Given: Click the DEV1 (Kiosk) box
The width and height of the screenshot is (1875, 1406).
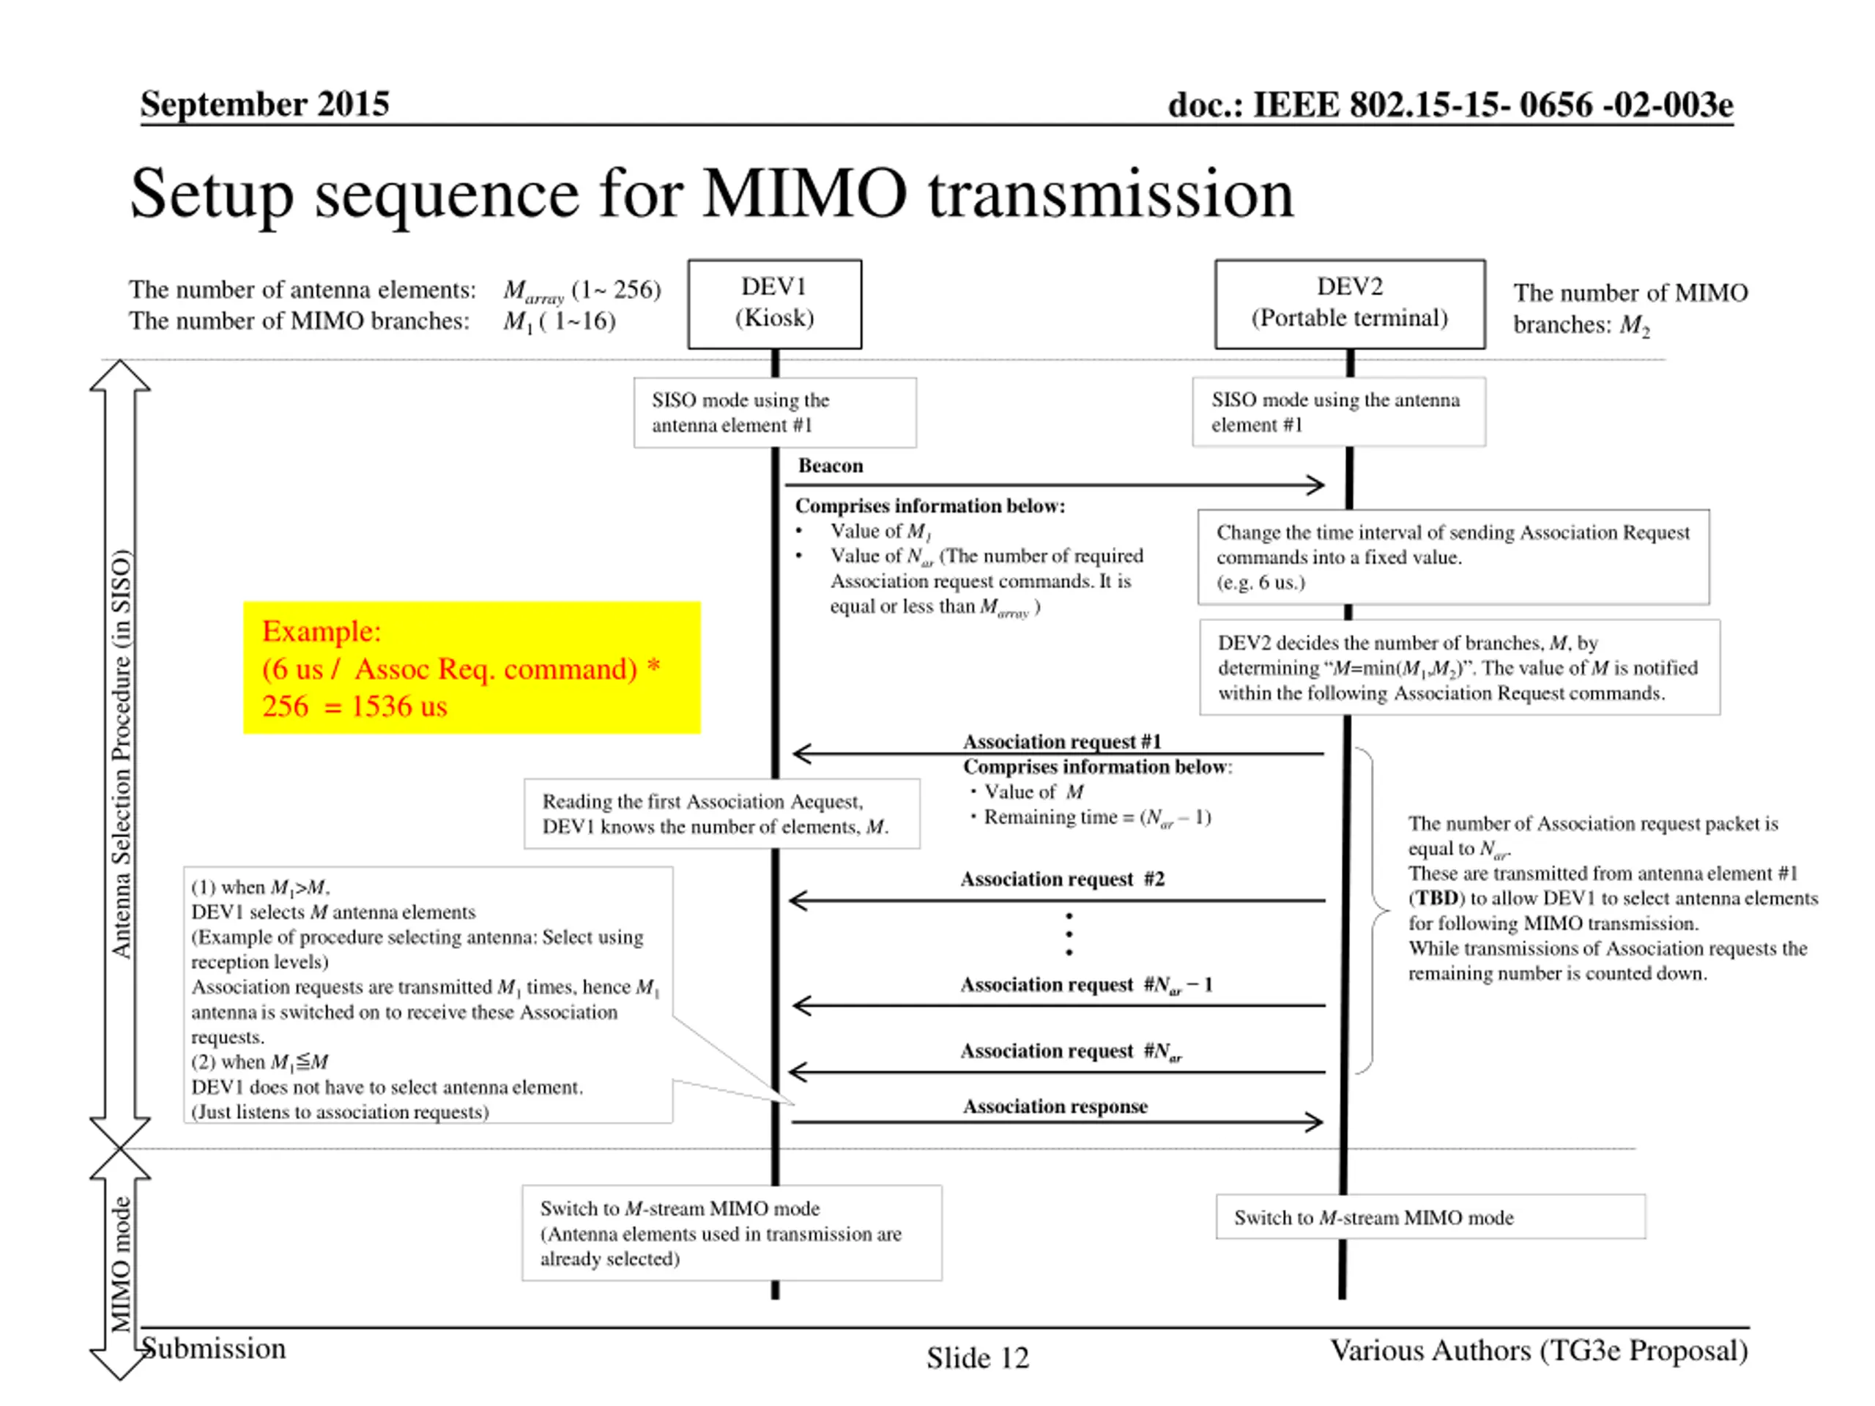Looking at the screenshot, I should click(x=774, y=303).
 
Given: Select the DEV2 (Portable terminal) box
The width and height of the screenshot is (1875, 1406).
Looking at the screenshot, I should click(x=1349, y=303).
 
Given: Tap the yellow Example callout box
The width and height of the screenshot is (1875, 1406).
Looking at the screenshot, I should click(x=471, y=668).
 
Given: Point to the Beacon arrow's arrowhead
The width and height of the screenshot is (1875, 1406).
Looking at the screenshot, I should click(x=1316, y=485).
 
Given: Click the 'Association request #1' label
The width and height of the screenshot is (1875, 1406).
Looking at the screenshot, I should click(x=1061, y=741).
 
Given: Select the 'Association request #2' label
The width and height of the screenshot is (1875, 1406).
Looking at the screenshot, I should click(x=1062, y=879).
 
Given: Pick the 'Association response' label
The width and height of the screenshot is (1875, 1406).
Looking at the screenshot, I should click(x=1055, y=1106).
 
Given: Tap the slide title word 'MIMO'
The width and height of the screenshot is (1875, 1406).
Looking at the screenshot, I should click(x=804, y=194).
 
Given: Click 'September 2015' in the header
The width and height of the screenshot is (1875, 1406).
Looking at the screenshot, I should click(x=264, y=103).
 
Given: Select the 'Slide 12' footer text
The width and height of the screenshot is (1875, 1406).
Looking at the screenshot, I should click(x=977, y=1358).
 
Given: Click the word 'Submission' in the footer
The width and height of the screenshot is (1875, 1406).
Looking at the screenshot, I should click(x=214, y=1348).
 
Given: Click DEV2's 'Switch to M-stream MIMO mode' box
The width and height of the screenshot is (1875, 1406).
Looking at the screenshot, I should click(x=1430, y=1217).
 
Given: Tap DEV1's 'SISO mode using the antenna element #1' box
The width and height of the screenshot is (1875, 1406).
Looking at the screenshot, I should click(x=775, y=413).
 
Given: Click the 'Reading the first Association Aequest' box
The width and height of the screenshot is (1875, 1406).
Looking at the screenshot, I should click(x=721, y=814).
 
